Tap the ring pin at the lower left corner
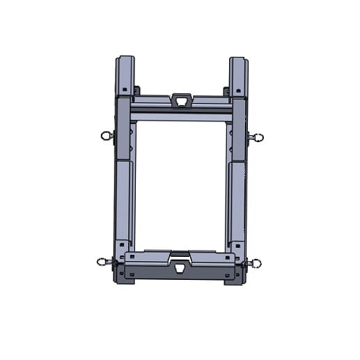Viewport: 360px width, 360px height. tap(104, 263)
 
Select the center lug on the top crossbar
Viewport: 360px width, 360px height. tap(181, 101)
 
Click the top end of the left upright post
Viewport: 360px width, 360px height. tap(126, 60)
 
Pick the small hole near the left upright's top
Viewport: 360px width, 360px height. tap(125, 90)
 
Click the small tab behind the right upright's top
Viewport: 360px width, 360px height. tap(226, 91)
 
